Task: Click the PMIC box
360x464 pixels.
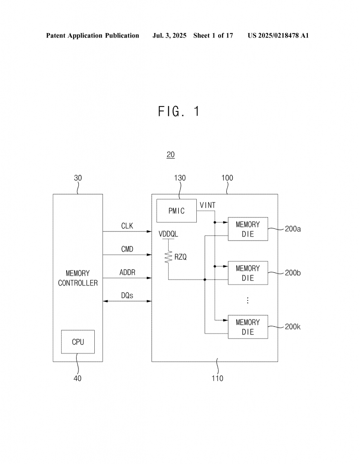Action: [x=176, y=211]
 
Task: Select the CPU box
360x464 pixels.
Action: [x=78, y=342]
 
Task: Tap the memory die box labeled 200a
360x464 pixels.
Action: [x=248, y=229]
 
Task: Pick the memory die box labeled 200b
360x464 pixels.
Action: [x=248, y=273]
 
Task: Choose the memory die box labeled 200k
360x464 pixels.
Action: [x=248, y=327]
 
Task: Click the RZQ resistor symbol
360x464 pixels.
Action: [x=169, y=257]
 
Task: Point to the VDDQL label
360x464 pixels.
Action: [x=169, y=234]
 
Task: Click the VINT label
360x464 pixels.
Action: [x=208, y=205]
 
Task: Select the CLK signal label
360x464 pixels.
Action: [x=127, y=226]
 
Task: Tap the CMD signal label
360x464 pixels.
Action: [x=127, y=249]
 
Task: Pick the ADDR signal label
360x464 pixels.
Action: [x=127, y=272]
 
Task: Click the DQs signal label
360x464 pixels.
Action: [x=127, y=295]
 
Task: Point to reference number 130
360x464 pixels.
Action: [x=180, y=178]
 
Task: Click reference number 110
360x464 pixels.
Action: [x=217, y=378]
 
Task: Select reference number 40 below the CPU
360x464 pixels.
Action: [x=78, y=378]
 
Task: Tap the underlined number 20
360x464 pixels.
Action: [x=170, y=155]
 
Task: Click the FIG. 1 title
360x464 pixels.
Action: [x=179, y=111]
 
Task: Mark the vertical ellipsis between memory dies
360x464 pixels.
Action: [x=248, y=300]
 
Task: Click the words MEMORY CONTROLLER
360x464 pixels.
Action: [x=78, y=278]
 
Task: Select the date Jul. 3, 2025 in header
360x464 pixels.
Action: [x=169, y=35]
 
